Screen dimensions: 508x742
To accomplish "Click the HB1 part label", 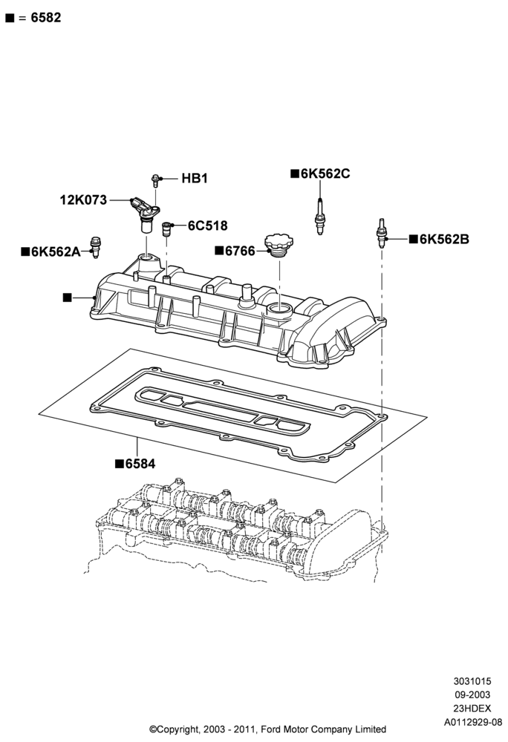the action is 195,178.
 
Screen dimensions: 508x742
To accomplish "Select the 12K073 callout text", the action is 83,200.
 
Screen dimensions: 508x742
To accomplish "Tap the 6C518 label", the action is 208,226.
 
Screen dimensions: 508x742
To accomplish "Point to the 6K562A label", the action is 56,252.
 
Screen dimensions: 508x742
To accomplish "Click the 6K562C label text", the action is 325,174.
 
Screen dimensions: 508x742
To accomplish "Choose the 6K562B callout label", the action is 445,240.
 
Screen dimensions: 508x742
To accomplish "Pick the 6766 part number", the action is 240,251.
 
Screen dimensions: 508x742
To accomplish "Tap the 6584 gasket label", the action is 140,464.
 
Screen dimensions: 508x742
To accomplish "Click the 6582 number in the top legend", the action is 46,18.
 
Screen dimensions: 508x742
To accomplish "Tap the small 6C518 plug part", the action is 166,229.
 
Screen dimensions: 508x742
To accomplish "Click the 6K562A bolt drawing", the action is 96,246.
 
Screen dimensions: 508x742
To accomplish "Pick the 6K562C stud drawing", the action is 320,217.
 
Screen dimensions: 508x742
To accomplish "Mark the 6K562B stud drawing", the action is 381,234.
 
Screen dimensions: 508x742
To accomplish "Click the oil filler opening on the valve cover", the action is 279,310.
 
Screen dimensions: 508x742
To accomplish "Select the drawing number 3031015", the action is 472,681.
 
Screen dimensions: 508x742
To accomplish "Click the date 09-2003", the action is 472,695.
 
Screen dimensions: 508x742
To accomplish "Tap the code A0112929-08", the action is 472,722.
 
